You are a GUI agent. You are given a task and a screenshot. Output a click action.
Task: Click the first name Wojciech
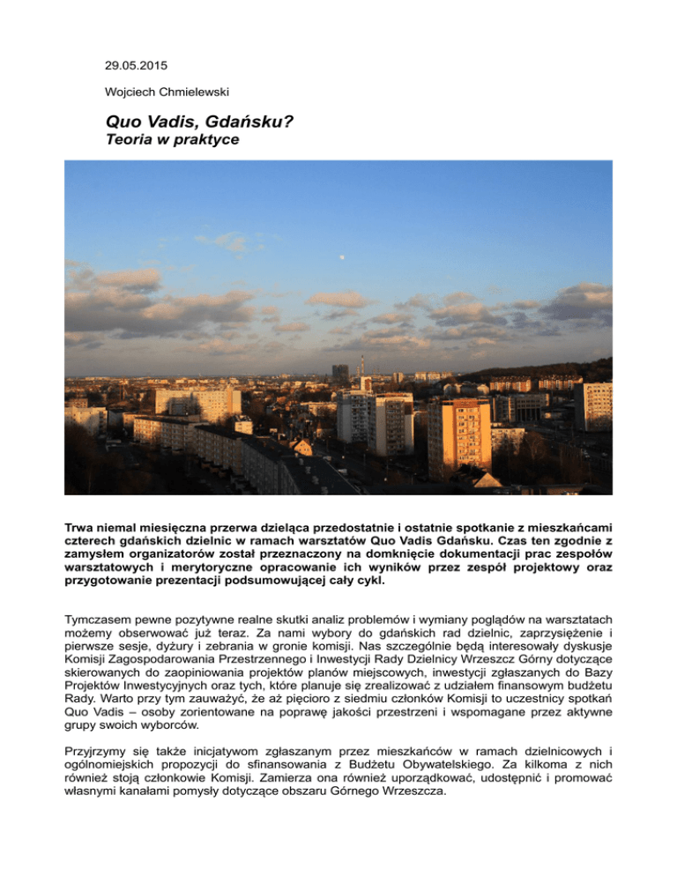point(130,90)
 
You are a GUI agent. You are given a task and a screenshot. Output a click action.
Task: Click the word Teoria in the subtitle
point(131,140)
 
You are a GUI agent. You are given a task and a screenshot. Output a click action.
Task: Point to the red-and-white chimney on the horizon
point(362,368)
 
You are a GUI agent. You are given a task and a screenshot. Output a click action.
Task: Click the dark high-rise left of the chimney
point(339,372)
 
